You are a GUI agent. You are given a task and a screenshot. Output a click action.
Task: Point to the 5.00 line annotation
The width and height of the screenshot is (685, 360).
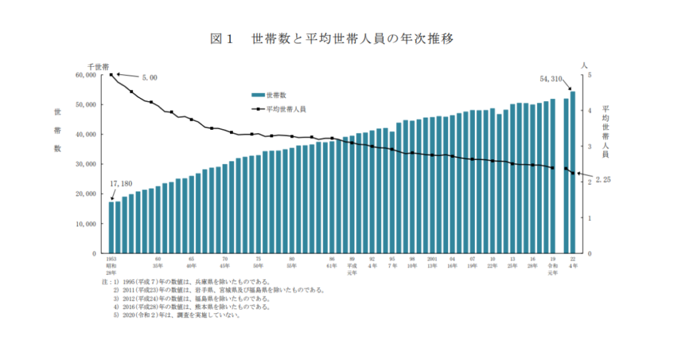pos(149,78)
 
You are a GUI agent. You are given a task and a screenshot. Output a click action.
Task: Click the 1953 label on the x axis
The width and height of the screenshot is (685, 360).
pos(111,258)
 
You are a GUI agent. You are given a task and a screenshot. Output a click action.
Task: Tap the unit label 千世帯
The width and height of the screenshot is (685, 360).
pos(99,67)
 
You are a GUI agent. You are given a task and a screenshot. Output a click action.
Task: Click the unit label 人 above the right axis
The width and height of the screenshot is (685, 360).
pos(585,65)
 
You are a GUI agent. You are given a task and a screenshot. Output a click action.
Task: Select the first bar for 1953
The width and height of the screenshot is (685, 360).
pos(112,228)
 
